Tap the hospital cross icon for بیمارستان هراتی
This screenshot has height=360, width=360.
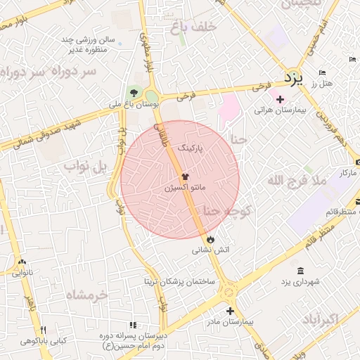tap(281, 99)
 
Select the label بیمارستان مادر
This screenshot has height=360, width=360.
tap(231, 322)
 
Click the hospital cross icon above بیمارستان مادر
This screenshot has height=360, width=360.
tap(230, 311)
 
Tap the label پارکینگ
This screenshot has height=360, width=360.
tap(193, 148)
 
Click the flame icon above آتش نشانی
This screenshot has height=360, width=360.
tap(210, 239)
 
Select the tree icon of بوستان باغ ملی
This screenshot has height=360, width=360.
tap(134, 93)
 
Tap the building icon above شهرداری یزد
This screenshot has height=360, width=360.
tap(300, 271)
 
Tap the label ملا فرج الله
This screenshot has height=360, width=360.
tap(297, 181)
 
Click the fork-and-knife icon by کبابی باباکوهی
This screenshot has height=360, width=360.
tap(43, 330)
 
